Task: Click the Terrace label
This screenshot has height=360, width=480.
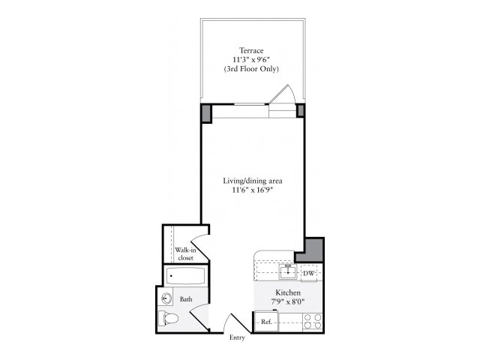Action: click(x=251, y=50)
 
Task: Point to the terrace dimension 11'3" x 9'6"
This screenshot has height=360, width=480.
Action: click(x=251, y=59)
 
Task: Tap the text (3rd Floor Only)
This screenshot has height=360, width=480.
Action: click(x=251, y=69)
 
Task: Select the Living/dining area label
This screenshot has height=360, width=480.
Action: click(x=253, y=181)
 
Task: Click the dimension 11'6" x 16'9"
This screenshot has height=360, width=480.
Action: click(x=252, y=190)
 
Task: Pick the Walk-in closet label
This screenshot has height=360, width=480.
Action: click(x=185, y=254)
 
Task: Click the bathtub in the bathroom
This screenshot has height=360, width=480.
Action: click(x=185, y=276)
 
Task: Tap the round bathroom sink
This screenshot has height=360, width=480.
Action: click(x=166, y=298)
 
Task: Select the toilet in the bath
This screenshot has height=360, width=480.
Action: click(x=168, y=318)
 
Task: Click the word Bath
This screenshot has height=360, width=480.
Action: click(x=186, y=299)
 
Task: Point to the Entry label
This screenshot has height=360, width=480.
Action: click(x=237, y=337)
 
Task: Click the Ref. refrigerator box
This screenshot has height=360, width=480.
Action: click(x=266, y=321)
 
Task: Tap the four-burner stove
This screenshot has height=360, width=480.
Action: click(x=313, y=322)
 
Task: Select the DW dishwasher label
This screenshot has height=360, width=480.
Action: click(x=308, y=273)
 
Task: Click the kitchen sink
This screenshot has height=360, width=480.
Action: click(x=288, y=271)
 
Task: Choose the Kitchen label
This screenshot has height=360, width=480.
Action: click(x=288, y=292)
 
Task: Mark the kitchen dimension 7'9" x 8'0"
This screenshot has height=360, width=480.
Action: click(x=288, y=302)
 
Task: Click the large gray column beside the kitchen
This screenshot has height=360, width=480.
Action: click(x=310, y=250)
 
